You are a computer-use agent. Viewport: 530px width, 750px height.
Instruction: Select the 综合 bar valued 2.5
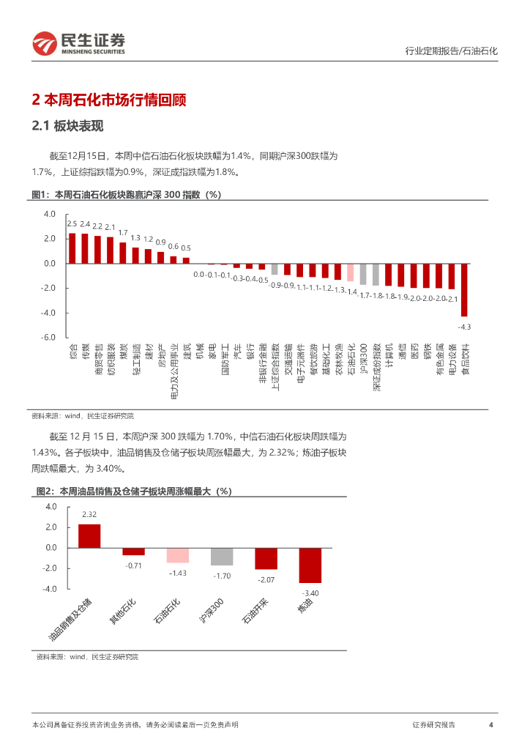[72, 248]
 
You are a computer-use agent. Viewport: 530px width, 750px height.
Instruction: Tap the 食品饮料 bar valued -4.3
[464, 289]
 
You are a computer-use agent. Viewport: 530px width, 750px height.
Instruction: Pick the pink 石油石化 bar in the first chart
[351, 272]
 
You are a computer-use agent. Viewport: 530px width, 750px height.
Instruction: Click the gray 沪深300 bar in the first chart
[363, 274]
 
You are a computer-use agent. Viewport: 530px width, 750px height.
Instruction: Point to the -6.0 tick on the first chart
[48, 338]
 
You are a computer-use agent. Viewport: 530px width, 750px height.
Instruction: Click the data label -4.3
[464, 326]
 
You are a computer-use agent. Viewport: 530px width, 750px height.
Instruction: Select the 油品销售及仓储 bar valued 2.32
[89, 536]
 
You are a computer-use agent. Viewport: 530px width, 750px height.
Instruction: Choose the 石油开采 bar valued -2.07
[266, 558]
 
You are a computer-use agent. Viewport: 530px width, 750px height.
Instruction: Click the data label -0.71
[133, 565]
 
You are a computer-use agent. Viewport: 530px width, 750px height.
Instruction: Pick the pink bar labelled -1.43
[178, 555]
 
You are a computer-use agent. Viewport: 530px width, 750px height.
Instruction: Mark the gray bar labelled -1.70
[222, 557]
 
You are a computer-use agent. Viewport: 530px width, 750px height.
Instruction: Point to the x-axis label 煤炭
[122, 351]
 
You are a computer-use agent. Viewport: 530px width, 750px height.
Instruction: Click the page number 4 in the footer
[490, 724]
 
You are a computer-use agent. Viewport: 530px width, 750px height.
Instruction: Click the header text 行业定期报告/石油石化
[451, 51]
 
